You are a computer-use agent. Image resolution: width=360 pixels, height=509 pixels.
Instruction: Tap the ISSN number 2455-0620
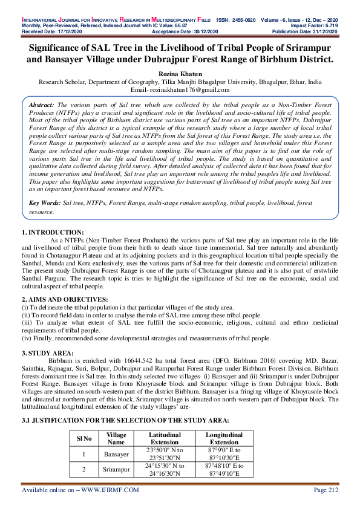pyautogui.click(x=238, y=19)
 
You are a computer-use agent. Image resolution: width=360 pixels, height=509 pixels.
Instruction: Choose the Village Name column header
pyautogui.click(x=116, y=438)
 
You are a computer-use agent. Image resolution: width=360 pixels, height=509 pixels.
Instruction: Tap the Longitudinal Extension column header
pyautogui.click(x=224, y=438)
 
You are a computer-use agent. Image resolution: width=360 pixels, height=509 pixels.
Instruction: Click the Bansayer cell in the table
pyautogui.click(x=116, y=453)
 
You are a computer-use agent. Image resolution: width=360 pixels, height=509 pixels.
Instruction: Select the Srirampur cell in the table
pyautogui.click(x=116, y=469)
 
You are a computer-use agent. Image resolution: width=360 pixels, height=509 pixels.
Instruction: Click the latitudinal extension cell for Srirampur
pyautogui.click(x=165, y=469)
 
